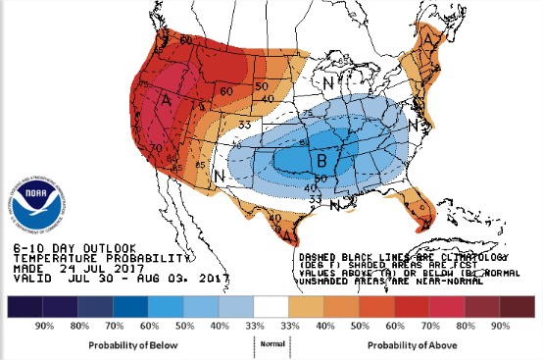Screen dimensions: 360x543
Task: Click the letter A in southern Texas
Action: [289, 232]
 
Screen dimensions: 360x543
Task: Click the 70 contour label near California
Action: [158, 148]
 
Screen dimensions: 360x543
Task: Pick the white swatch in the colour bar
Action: [271, 307]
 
